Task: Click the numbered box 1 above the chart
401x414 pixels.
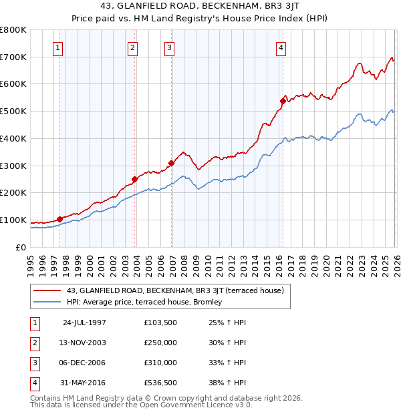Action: tap(59, 47)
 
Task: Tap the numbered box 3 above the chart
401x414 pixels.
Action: tap(170, 47)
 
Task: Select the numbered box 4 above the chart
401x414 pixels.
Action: tap(281, 47)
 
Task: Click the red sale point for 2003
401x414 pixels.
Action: tap(134, 179)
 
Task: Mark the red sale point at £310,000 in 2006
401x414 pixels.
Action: tap(171, 162)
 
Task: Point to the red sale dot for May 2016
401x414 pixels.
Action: tap(283, 101)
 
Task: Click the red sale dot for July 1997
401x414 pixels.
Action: tap(60, 218)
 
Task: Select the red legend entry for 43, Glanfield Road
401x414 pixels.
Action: tap(175, 290)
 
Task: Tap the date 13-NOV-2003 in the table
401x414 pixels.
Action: tap(84, 343)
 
